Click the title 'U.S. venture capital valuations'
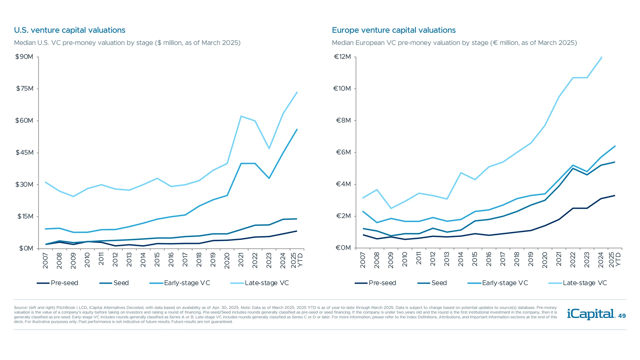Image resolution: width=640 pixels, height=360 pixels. point(69,30)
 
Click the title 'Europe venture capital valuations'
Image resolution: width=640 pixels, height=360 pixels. point(394,30)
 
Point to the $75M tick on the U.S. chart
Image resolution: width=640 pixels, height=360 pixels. point(25,89)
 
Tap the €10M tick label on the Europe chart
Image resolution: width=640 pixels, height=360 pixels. point(342,89)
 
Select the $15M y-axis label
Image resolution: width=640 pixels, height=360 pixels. point(25,217)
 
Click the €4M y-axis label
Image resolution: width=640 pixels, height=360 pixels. point(343,184)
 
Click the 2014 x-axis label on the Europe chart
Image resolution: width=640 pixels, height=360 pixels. point(461,260)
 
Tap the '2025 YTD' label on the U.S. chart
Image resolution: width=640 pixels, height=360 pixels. point(297,260)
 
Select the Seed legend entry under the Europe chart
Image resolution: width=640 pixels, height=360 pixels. point(432,283)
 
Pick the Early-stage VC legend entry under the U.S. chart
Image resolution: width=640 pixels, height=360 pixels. point(180,283)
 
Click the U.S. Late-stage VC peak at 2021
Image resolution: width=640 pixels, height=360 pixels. point(241,116)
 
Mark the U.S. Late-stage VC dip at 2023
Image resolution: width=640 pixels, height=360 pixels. point(269,148)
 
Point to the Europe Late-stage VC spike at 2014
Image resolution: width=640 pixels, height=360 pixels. point(461,173)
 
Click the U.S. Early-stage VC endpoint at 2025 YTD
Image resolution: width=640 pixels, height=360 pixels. point(297,130)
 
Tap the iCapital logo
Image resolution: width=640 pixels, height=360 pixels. point(591,314)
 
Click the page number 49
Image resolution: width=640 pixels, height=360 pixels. point(622,316)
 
